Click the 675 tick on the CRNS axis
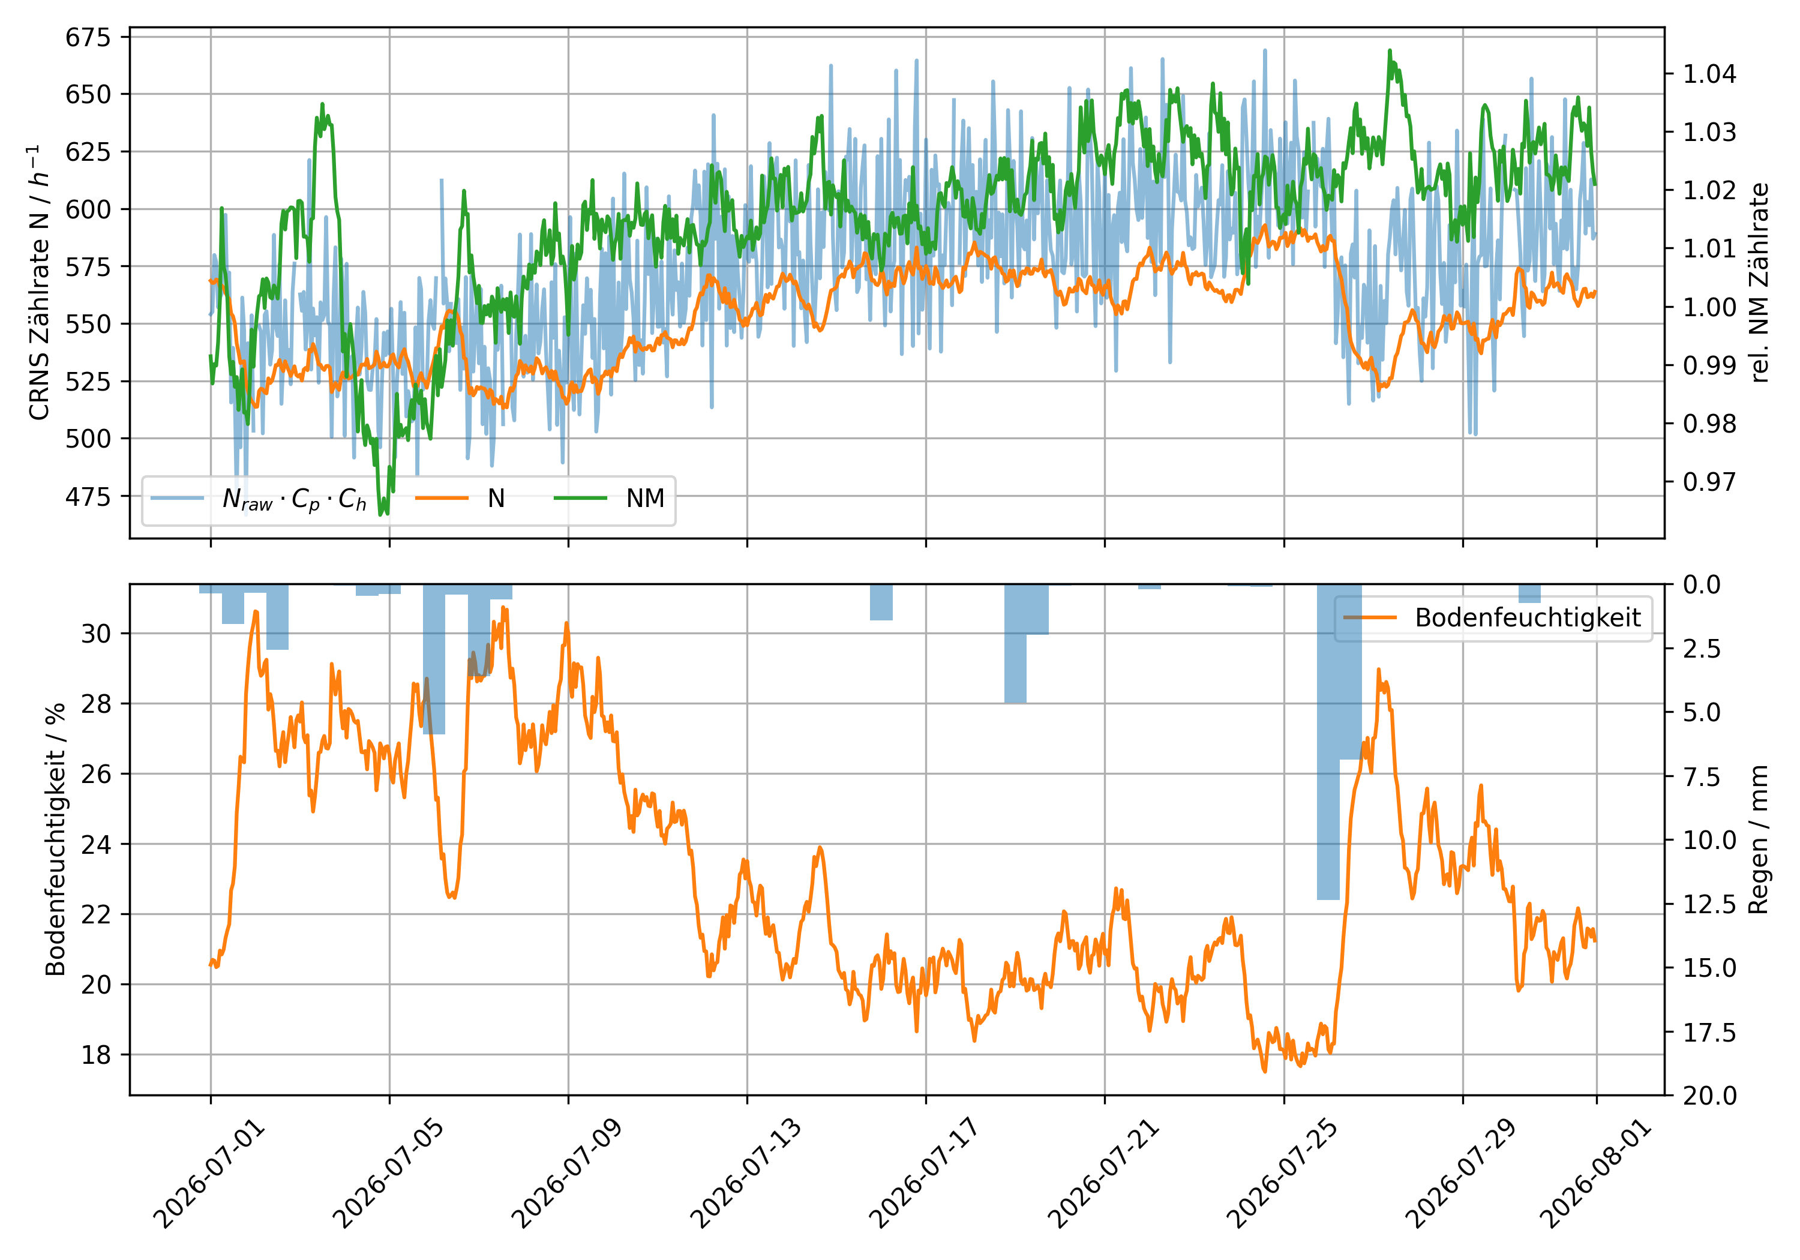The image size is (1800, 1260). pos(88,37)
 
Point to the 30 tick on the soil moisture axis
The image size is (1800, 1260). pos(95,634)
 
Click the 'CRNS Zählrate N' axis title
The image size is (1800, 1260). pos(38,282)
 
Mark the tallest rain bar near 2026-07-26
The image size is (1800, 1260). pos(1328,742)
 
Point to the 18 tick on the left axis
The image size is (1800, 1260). pos(95,1055)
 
